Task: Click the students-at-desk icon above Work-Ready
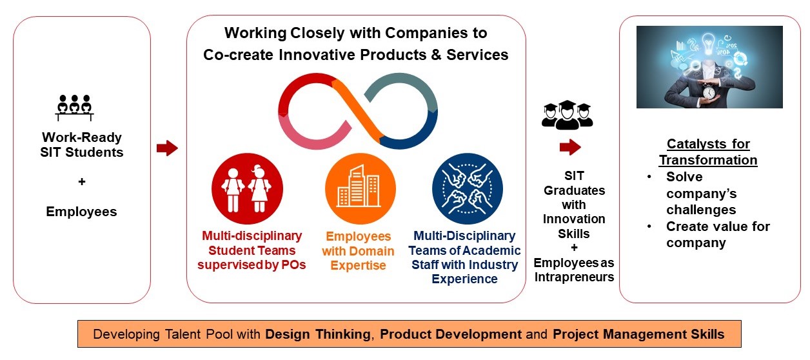tap(75, 108)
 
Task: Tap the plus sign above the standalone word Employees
tap(82, 181)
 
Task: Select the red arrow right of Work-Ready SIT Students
tap(167, 148)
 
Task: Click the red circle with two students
tap(248, 188)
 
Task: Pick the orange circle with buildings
tap(360, 188)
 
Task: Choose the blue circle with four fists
tap(468, 188)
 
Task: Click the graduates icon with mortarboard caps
tap(567, 115)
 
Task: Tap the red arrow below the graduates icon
tap(570, 147)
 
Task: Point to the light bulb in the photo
tap(708, 43)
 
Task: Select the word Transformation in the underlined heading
tap(708, 160)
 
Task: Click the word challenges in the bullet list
tap(701, 210)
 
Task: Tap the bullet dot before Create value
tap(649, 226)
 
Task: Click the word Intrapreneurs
tap(574, 277)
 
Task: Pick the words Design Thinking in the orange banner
tap(318, 334)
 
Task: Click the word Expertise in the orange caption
tap(359, 265)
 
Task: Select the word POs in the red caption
tap(293, 265)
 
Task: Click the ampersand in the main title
tap(436, 55)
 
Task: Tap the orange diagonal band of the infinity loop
tap(356, 111)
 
